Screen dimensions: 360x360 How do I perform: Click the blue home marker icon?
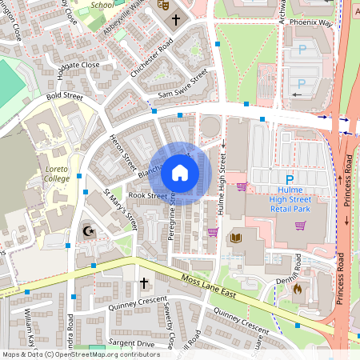[x=180, y=173]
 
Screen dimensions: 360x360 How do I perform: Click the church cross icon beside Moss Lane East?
[x=144, y=283]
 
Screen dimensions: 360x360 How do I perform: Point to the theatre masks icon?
[x=162, y=4]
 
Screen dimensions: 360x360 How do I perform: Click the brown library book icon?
[x=235, y=238]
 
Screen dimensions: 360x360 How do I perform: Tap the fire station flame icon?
[x=297, y=289]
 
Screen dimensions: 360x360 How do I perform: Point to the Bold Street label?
[x=64, y=97]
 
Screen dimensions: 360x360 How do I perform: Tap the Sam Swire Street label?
[x=182, y=85]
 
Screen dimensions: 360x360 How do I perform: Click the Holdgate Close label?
[x=78, y=65]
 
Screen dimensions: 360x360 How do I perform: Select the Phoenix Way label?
[x=310, y=22]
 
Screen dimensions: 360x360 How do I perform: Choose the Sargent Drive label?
[x=133, y=342]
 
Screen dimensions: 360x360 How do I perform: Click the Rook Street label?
[x=147, y=194]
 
